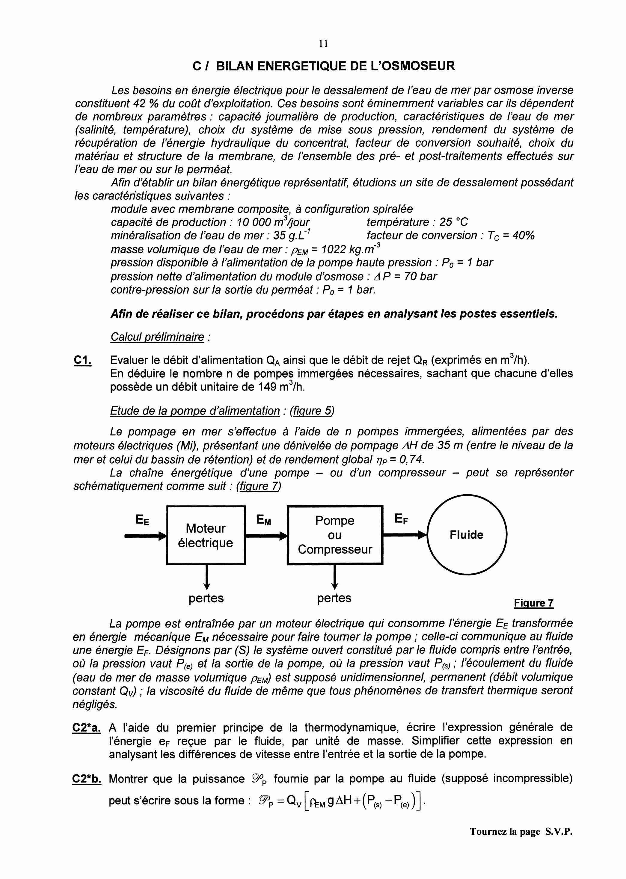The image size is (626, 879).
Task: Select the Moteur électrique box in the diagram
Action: tap(206, 535)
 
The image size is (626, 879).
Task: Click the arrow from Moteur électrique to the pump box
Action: tap(266, 536)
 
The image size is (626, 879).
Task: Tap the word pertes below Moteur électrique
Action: tap(206, 598)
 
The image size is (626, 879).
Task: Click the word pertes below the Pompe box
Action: tap(334, 598)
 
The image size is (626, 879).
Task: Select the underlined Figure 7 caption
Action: tap(534, 603)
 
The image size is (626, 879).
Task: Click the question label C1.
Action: tap(82, 361)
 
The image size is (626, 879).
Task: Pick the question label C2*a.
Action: tap(87, 728)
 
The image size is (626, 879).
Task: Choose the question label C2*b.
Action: tap(87, 779)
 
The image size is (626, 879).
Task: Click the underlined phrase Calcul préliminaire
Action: tap(157, 337)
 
